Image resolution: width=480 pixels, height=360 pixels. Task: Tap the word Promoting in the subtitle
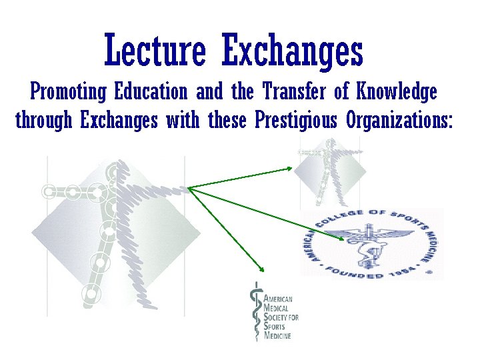(x=69, y=91)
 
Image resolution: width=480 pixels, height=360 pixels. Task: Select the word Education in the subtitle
(x=151, y=91)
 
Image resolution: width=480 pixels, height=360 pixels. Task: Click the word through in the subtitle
(x=44, y=121)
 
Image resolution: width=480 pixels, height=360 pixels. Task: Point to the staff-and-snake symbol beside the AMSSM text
(x=254, y=311)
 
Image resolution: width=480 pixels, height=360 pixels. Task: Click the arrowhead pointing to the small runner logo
(x=289, y=168)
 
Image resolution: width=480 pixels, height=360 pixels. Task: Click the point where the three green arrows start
(x=189, y=188)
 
